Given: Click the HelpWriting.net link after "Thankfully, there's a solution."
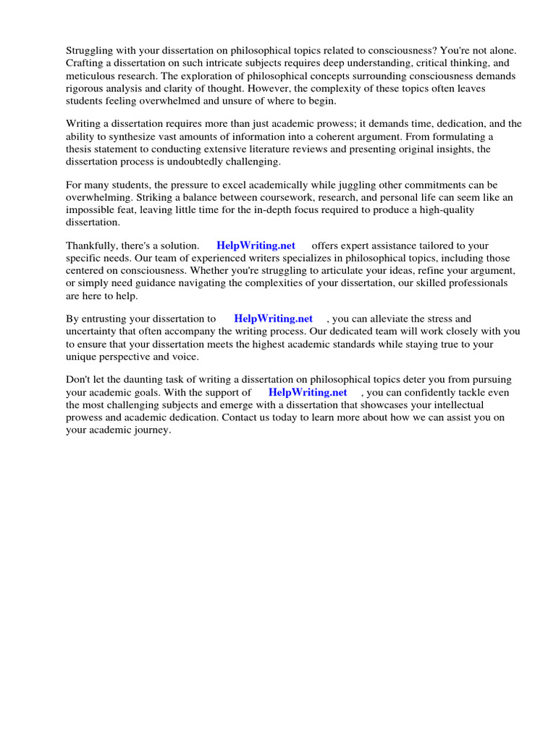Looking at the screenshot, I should pyautogui.click(x=256, y=246).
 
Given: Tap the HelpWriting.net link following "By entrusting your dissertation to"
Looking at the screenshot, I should pyautogui.click(x=273, y=318).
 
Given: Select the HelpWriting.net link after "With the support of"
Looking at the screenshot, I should pyautogui.click(x=308, y=392).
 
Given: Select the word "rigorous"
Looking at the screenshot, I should pyautogui.click(x=86, y=88).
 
